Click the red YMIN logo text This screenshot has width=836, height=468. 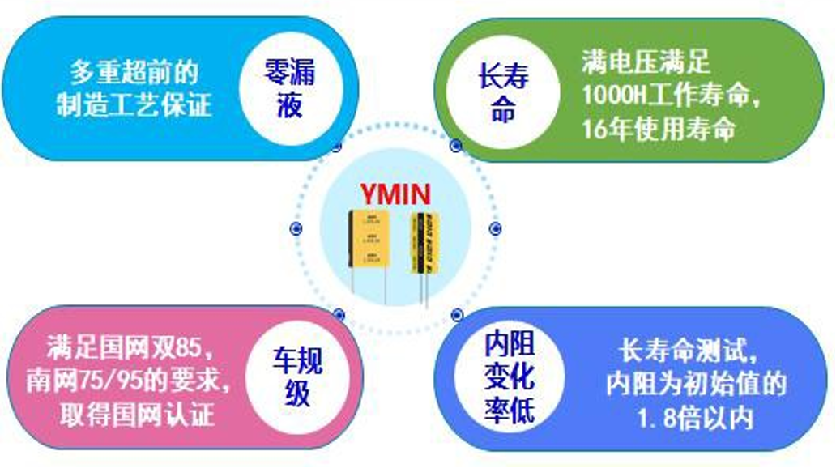click(395, 194)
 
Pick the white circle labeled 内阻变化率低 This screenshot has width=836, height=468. click(509, 378)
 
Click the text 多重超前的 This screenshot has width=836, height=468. click(134, 73)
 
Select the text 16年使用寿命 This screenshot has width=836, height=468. click(659, 129)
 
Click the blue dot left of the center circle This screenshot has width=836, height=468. click(296, 228)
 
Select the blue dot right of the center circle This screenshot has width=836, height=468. click(494, 229)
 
